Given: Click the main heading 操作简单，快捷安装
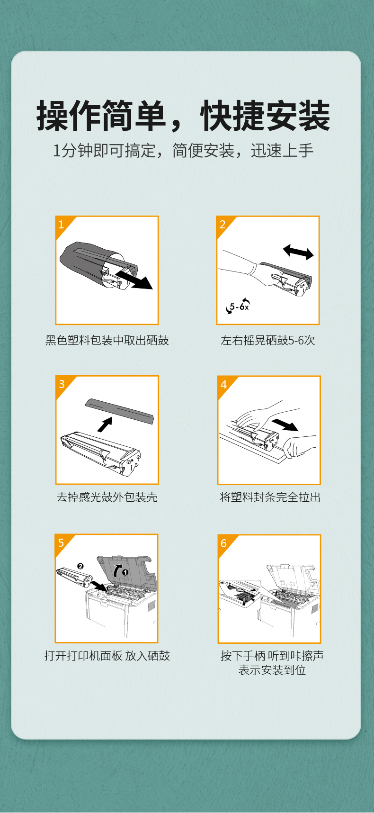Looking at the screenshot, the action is [x=183, y=116].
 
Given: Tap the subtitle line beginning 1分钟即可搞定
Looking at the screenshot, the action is [x=183, y=151].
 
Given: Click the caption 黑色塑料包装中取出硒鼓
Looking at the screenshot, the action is [x=107, y=340].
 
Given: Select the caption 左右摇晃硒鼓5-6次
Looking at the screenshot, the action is [x=268, y=340].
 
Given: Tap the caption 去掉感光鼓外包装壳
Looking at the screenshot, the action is [x=107, y=497].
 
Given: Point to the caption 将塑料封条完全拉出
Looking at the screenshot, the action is [x=270, y=497].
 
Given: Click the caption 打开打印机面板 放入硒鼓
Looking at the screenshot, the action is [x=107, y=656].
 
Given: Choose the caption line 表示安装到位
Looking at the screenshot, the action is [x=272, y=670].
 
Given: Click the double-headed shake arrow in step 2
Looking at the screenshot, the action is [x=298, y=252].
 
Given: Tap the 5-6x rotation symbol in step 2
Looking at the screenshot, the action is [x=238, y=306].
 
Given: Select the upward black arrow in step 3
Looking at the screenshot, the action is [x=105, y=424].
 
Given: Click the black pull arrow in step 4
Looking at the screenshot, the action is [x=285, y=424].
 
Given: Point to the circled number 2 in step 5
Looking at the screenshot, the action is [x=80, y=566].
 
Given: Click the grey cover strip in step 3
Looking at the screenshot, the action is [x=119, y=411].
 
